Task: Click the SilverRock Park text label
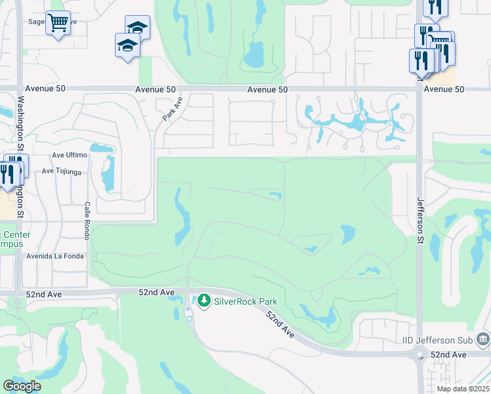coord(245,301)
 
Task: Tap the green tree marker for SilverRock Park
coord(204,301)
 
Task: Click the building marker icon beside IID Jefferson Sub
coord(483,339)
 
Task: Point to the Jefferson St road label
coord(419,222)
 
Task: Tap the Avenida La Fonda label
coord(55,256)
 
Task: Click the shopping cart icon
coord(58,23)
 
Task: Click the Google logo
coord(22,386)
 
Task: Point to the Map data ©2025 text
coord(463,389)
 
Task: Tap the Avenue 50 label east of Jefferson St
coord(444,89)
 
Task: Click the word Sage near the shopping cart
coord(35,21)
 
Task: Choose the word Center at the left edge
coord(11,234)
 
